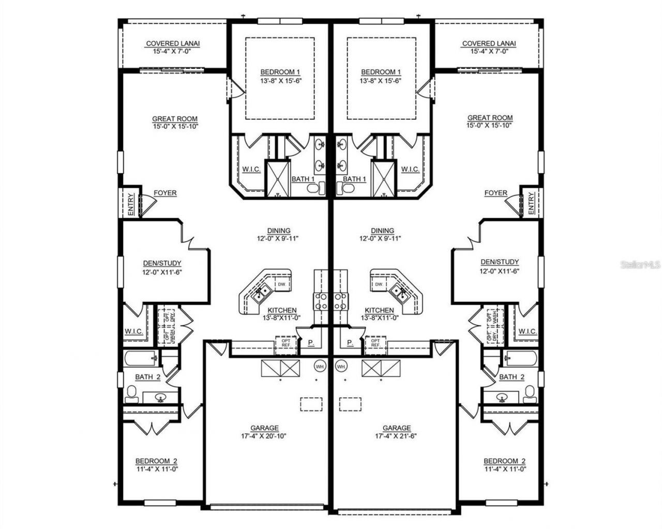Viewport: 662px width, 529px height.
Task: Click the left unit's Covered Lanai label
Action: pos(173,44)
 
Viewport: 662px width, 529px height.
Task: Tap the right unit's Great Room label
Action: pos(490,118)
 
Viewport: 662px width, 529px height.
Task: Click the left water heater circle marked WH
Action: pos(320,366)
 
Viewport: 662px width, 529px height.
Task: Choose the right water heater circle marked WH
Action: pos(341,366)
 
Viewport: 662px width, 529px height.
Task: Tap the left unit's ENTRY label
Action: pos(131,204)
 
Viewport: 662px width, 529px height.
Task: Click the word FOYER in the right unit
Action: pos(495,193)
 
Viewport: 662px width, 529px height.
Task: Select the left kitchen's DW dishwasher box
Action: pos(282,284)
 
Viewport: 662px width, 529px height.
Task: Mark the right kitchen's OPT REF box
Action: pos(375,343)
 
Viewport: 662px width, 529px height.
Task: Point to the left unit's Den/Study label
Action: pos(162,263)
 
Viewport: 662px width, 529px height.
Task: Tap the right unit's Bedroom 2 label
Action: pos(504,461)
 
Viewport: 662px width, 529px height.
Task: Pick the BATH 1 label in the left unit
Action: pos(303,179)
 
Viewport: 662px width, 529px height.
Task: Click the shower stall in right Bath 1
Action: pos(383,178)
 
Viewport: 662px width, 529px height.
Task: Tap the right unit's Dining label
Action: pos(382,231)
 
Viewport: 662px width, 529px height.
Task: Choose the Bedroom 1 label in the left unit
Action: pos(280,72)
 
